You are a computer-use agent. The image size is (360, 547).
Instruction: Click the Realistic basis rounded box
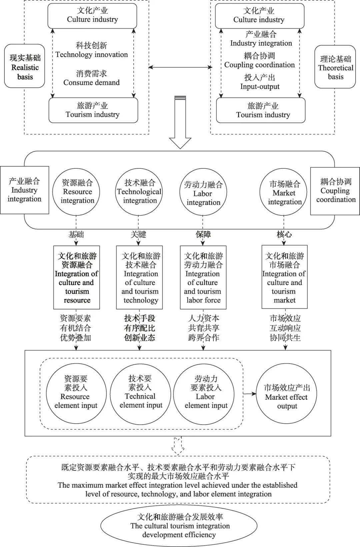(25, 66)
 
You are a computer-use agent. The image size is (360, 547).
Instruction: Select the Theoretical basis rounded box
(335, 67)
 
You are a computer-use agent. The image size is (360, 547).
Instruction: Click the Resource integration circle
(77, 192)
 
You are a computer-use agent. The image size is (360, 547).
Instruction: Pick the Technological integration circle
(139, 192)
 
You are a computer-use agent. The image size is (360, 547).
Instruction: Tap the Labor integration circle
(203, 193)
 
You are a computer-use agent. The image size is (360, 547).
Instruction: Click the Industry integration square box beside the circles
(24, 190)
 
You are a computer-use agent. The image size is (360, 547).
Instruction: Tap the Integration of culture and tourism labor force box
(203, 277)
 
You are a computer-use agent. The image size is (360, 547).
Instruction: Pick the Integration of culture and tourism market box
(284, 277)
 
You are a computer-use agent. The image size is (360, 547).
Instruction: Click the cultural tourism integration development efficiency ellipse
(179, 526)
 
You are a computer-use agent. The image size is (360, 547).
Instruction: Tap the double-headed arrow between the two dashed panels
(180, 67)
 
